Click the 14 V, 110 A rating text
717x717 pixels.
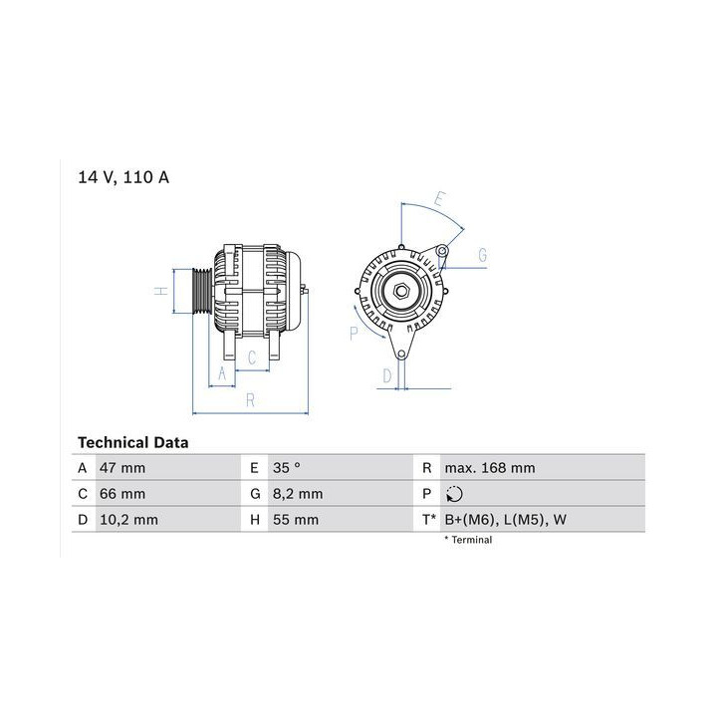pyautogui.click(x=123, y=177)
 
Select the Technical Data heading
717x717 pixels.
pyautogui.click(x=133, y=442)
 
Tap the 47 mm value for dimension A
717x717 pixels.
pyautogui.click(x=122, y=468)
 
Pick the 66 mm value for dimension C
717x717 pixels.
pyautogui.click(x=122, y=494)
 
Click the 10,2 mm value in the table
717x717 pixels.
pyautogui.click(x=128, y=520)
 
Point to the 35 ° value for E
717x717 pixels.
pyautogui.click(x=287, y=468)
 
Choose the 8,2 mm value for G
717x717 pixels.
pyautogui.click(x=298, y=494)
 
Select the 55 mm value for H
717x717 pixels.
pyautogui.click(x=296, y=520)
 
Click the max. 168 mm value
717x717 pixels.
pyautogui.click(x=490, y=468)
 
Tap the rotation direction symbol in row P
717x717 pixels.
pyautogui.click(x=454, y=494)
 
